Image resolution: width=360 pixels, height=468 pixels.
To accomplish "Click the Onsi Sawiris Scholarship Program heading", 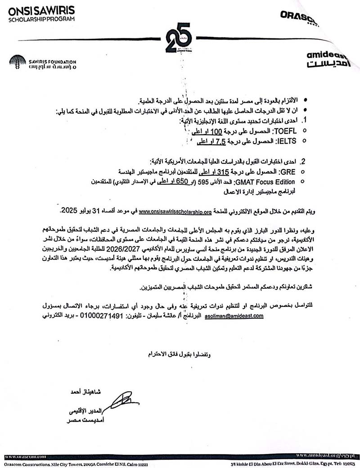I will coord(41,14).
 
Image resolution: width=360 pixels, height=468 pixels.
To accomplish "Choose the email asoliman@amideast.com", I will coord(234,316).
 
